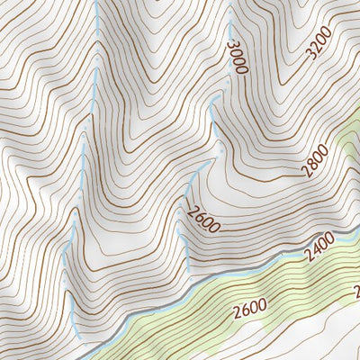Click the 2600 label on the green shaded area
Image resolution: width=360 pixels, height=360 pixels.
[x=249, y=310]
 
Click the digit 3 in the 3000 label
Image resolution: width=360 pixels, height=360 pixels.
[x=233, y=45]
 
